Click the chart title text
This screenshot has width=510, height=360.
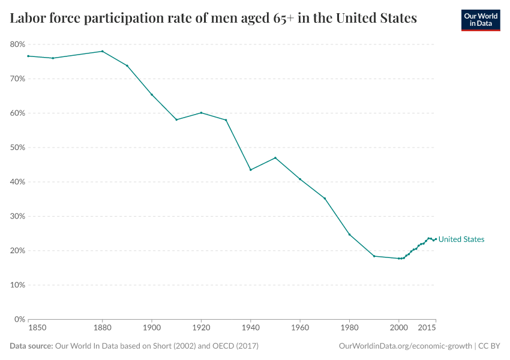tap(213, 19)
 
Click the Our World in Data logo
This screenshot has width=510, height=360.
tap(480, 20)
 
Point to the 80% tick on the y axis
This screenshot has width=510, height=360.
tap(17, 44)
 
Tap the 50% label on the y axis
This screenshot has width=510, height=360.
tap(17, 148)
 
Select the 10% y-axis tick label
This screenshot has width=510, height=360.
tap(17, 285)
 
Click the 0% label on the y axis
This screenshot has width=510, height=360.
tap(19, 319)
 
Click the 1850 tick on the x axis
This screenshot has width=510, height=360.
tap(37, 328)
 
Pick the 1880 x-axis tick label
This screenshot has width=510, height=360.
tap(102, 328)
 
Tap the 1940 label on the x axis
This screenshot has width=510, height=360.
tap(250, 328)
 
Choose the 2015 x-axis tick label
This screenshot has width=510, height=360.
tap(427, 328)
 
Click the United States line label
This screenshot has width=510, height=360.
tap(461, 239)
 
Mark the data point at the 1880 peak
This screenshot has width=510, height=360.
tap(102, 51)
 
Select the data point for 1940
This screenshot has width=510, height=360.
tap(250, 170)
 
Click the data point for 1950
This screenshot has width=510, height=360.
tap(275, 158)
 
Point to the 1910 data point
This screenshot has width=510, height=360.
tap(176, 119)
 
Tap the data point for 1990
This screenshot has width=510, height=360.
tap(374, 256)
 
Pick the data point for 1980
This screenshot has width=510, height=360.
tap(349, 234)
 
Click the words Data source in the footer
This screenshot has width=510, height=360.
tap(31, 346)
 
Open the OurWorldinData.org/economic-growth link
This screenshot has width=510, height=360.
tap(406, 346)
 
